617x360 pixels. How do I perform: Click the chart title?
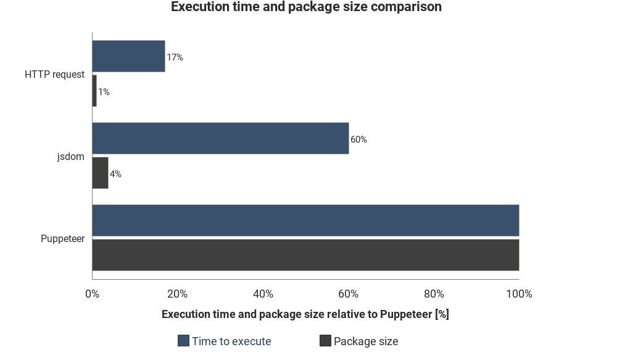[x=306, y=7]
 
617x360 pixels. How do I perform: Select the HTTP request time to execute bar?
[x=128, y=56]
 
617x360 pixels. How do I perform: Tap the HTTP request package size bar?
[x=94, y=91]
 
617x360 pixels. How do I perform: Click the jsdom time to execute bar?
[x=220, y=138]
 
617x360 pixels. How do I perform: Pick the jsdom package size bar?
[x=100, y=173]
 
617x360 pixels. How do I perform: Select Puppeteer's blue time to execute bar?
[x=305, y=220]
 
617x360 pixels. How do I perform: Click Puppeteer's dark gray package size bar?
[x=305, y=254]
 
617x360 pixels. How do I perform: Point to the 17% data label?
[x=175, y=57]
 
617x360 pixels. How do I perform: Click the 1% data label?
[x=104, y=92]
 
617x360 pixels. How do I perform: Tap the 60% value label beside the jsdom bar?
[x=358, y=140]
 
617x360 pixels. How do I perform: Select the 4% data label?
[x=115, y=174]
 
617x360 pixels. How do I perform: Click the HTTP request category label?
[x=54, y=74]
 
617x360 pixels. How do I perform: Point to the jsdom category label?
[x=70, y=156]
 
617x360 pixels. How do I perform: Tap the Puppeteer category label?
[x=62, y=238]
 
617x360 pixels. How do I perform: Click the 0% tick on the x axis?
[x=92, y=294]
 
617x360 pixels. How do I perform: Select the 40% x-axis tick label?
[x=263, y=294]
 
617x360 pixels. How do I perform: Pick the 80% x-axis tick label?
[x=434, y=294]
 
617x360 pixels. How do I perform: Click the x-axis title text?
[x=305, y=314]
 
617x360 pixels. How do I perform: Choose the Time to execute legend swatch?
[x=183, y=341]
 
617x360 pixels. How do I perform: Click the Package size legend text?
[x=365, y=341]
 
